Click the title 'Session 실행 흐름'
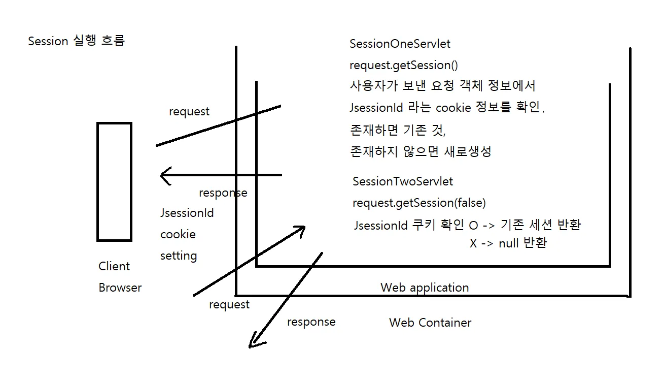tap(76, 41)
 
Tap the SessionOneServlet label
tap(400, 44)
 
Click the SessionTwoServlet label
tap(403, 181)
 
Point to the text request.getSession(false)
tap(419, 203)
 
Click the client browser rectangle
tap(114, 181)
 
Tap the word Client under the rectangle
tap(114, 266)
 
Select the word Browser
tap(120, 288)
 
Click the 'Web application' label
tap(425, 288)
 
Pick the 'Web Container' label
tap(430, 323)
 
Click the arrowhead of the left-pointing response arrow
tap(164, 176)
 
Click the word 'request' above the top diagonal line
tap(189, 112)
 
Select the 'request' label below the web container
tap(229, 305)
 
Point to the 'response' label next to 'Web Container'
tap(311, 322)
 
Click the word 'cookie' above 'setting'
tap(178, 235)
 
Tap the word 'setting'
tap(179, 256)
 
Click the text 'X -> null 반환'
tap(508, 243)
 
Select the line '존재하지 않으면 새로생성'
tap(421, 152)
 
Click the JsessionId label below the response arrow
tap(187, 213)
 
